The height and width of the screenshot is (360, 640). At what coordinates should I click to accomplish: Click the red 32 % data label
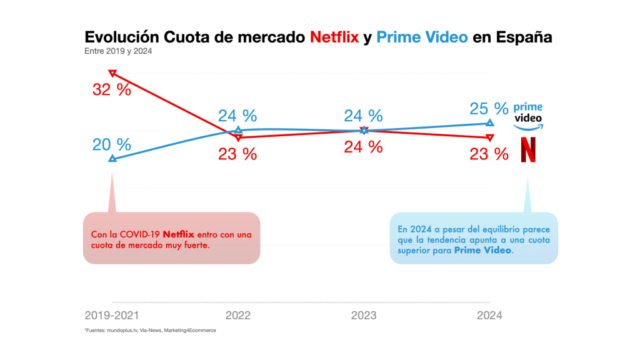[x=112, y=90]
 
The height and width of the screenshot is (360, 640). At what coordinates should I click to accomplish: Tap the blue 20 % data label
[x=112, y=145]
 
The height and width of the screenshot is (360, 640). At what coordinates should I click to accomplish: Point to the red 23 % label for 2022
[x=237, y=154]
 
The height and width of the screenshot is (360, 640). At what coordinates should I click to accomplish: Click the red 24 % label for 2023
[x=364, y=147]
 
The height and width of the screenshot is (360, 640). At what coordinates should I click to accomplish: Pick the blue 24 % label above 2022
[x=237, y=116]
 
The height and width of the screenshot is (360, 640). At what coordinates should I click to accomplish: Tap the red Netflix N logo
[x=528, y=151]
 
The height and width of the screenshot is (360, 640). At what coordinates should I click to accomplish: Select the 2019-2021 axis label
[x=112, y=316]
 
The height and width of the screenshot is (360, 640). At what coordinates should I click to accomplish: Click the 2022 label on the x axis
[x=237, y=316]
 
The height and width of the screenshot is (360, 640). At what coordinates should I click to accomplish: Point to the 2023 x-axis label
[x=364, y=316]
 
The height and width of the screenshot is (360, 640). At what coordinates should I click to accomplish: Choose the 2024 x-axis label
[x=489, y=316]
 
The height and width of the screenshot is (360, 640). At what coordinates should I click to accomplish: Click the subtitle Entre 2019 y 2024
[x=118, y=51]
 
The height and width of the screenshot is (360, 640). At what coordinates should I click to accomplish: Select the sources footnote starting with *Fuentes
[x=150, y=330]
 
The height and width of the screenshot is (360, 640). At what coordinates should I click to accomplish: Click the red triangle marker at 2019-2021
[x=112, y=73]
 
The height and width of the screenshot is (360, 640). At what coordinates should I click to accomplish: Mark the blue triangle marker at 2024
[x=489, y=123]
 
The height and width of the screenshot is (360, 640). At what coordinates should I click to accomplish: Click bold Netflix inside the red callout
[x=179, y=234]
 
